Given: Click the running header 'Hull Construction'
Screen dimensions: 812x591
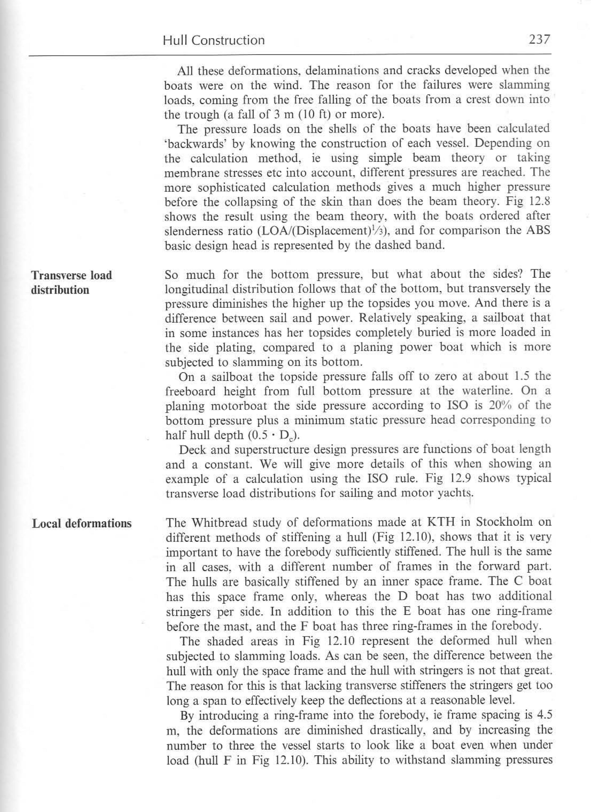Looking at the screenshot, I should tap(214, 40).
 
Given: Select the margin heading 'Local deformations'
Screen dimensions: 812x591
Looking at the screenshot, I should tap(82, 524).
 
